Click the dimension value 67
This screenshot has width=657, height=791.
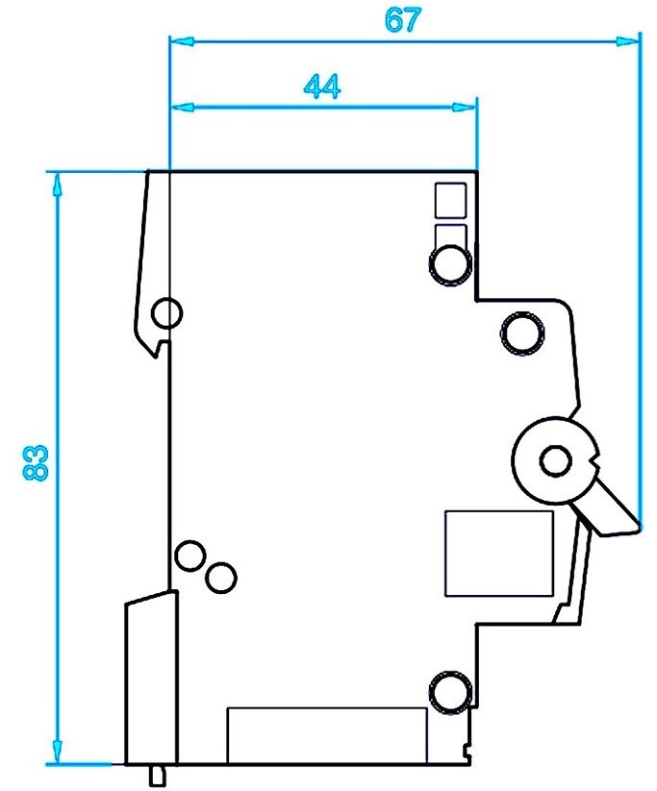coord(402,22)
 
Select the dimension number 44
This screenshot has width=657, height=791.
coord(322,87)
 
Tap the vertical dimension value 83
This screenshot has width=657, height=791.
coord(36,462)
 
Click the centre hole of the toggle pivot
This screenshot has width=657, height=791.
coord(553,461)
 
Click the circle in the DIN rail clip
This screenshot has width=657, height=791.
coord(166,312)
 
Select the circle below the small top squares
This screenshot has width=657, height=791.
coord(450,262)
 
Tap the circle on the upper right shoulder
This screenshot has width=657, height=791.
coord(521,333)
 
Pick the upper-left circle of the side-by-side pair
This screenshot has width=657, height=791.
coord(190,555)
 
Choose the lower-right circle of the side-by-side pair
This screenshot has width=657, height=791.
coord(221,576)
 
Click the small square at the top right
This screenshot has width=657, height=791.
coord(449,199)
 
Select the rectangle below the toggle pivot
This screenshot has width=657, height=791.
coord(498,553)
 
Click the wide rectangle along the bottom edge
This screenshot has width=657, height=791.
coord(326,734)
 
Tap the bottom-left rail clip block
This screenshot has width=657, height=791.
coord(152,678)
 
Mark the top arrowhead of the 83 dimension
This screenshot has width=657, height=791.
coord(58,183)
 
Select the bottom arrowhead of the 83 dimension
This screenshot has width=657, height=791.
coord(58,754)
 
